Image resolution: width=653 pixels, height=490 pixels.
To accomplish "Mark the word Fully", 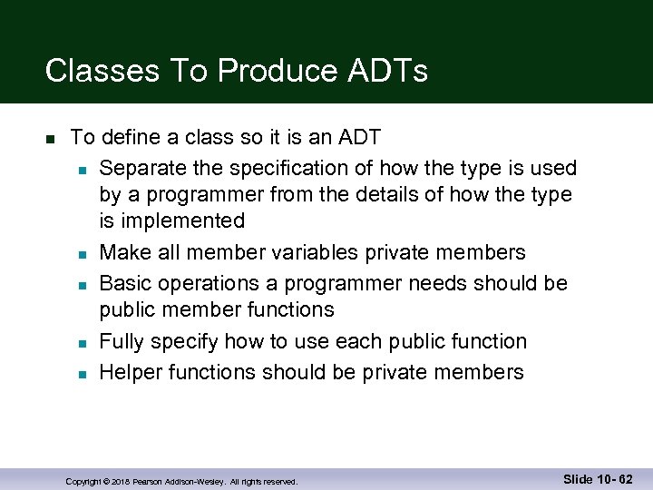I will click(x=122, y=342).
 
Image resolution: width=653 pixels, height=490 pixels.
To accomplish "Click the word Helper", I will click(x=127, y=372).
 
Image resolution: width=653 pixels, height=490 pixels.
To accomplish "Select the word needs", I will click(x=437, y=283).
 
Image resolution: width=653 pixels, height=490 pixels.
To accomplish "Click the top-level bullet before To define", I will click(x=51, y=140).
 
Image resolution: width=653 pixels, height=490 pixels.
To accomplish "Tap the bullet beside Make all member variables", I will click(x=82, y=254).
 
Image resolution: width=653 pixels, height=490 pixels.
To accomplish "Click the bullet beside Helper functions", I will click(x=82, y=374).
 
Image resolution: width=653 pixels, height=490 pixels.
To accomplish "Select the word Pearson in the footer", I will click(x=149, y=481).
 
